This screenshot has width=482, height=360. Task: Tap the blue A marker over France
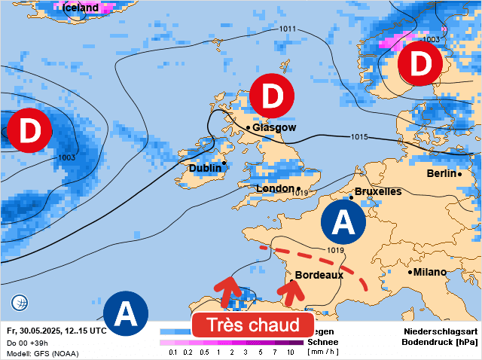[x=343, y=223]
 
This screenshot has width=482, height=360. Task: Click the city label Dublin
[x=205, y=168]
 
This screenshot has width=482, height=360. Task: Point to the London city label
[x=275, y=188]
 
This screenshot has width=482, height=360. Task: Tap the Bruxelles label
[x=378, y=191]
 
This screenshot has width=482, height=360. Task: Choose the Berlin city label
[x=441, y=173]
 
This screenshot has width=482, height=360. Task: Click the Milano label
[x=430, y=271]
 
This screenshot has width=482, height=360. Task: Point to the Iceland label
[x=80, y=8]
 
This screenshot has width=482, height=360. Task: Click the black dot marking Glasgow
[x=248, y=128]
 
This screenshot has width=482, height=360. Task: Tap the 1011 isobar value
[x=287, y=29]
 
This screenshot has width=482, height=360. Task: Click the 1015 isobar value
[x=359, y=136]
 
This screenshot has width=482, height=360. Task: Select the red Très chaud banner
[x=252, y=325]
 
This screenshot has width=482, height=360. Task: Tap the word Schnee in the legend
[x=323, y=341]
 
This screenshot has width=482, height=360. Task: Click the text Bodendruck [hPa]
[x=441, y=342]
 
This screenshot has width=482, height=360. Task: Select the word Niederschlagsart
[x=441, y=331]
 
